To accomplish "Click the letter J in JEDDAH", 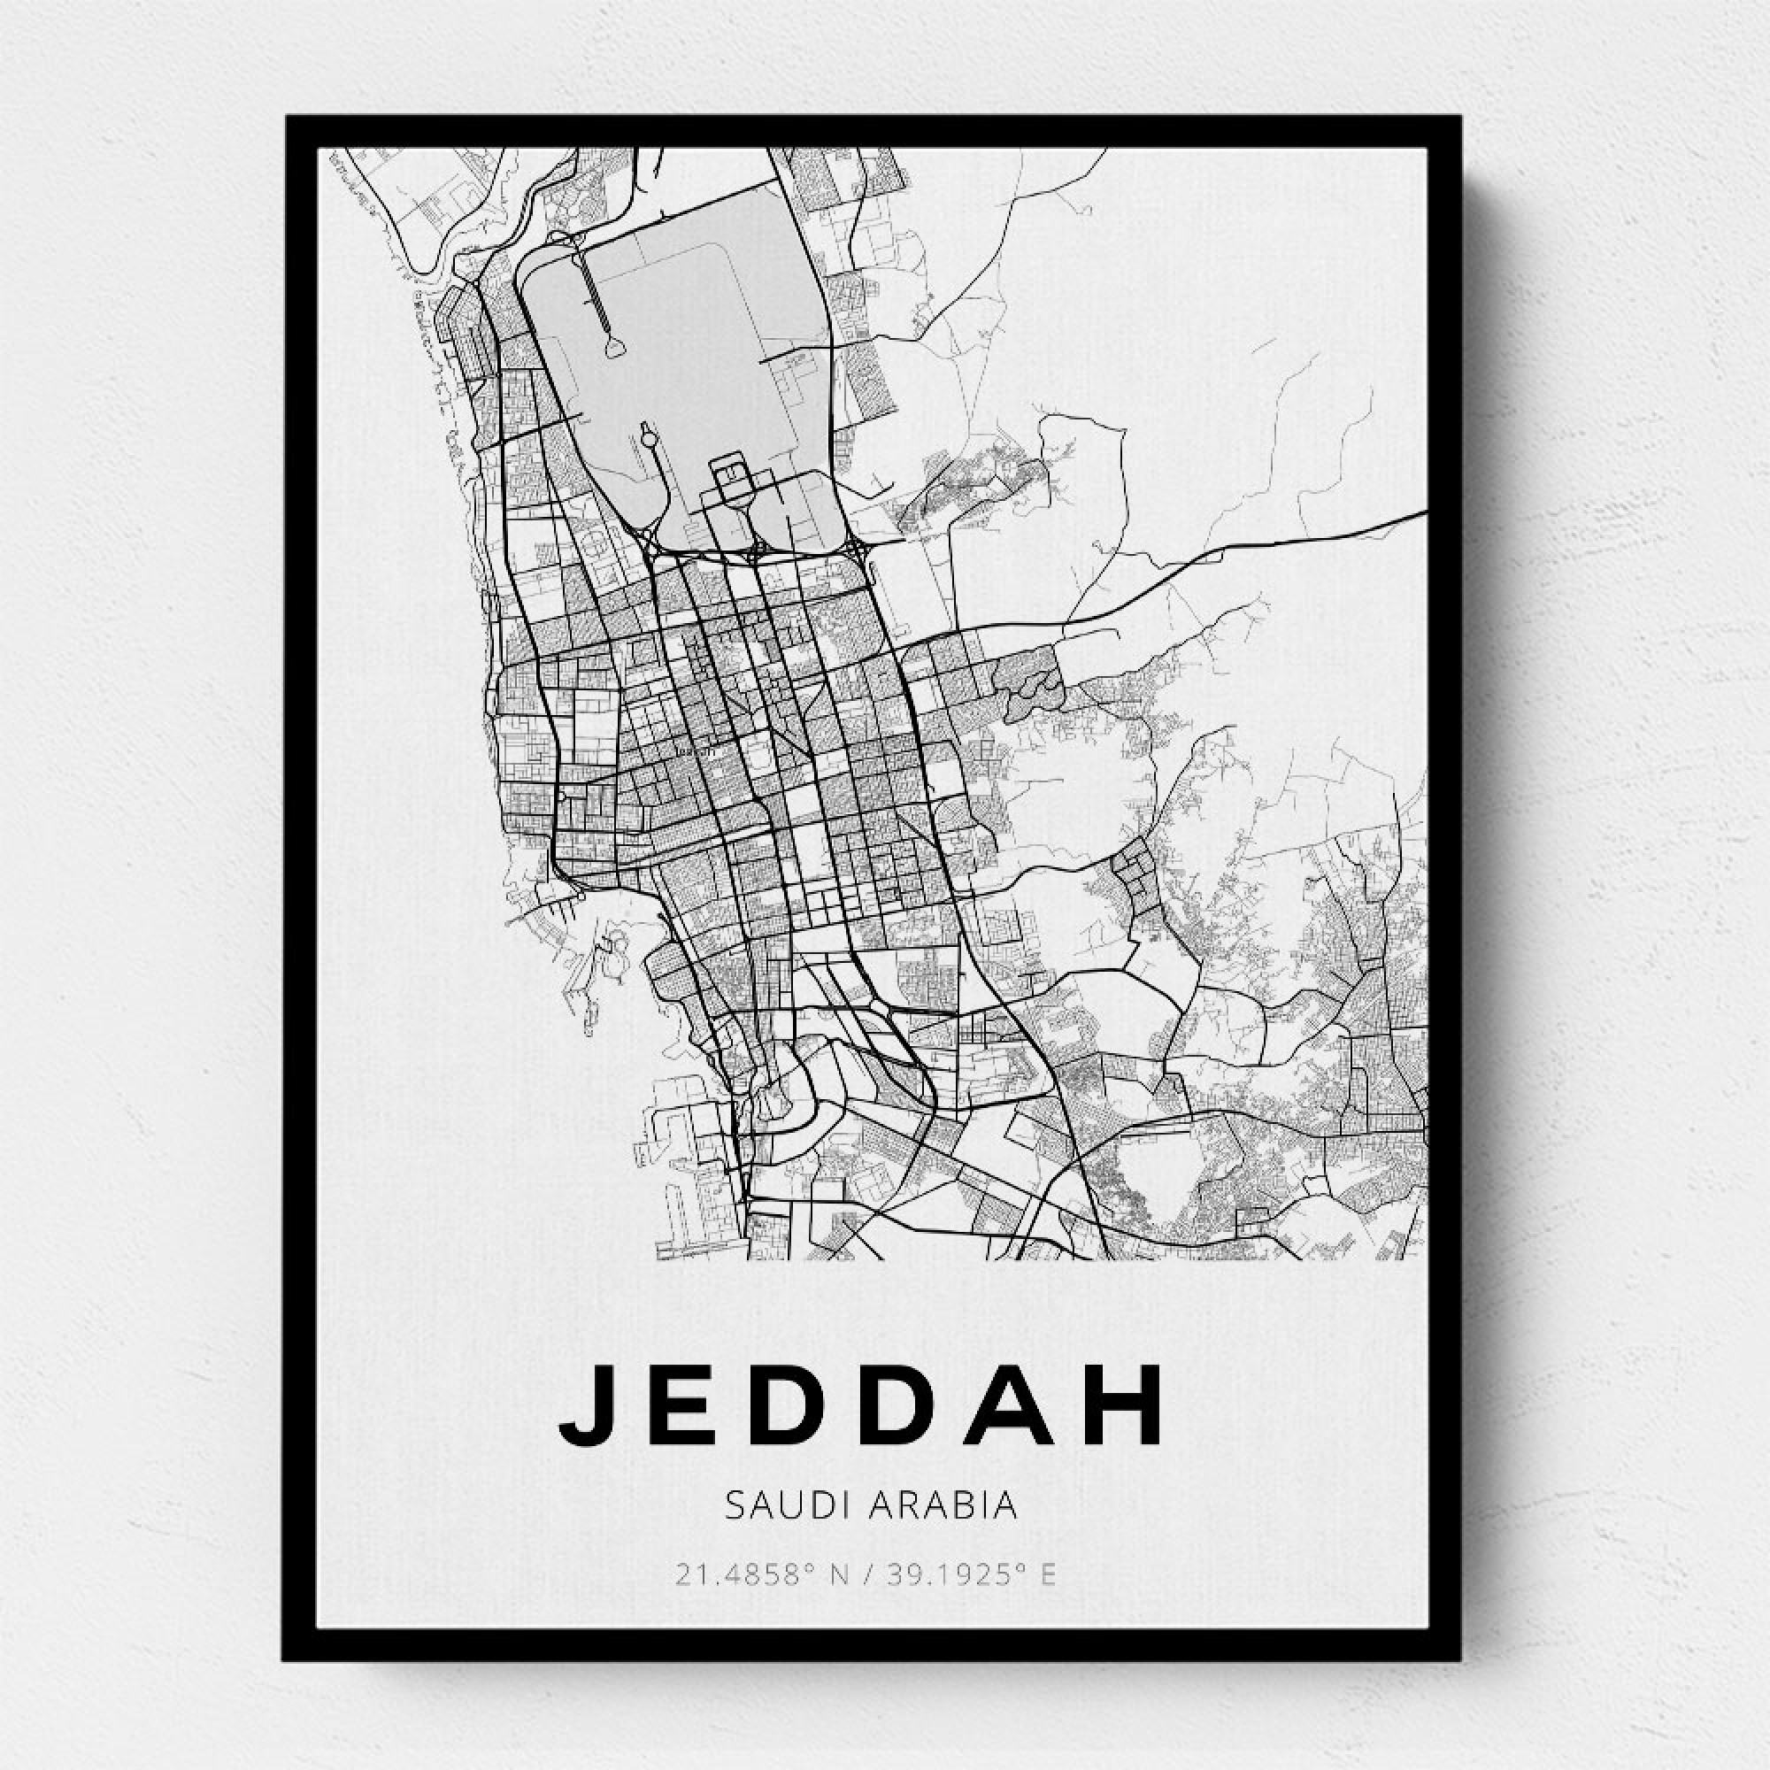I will point(583,1404).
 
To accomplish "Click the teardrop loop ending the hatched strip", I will point(615,346).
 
